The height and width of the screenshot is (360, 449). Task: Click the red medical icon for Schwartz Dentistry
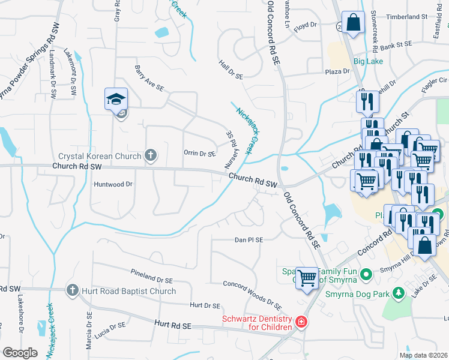(x=301, y=323)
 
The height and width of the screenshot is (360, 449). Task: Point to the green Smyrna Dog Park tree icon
(x=397, y=293)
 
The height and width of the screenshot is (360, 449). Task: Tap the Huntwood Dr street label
(x=112, y=185)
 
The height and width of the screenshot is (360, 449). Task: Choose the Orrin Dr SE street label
(x=199, y=154)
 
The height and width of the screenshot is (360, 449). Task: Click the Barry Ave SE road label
(x=149, y=79)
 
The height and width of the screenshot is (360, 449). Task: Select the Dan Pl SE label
(x=249, y=240)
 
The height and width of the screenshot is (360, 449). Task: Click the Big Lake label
(x=368, y=61)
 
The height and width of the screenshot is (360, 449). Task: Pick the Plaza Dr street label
(x=337, y=71)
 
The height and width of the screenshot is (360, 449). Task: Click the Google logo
(x=19, y=353)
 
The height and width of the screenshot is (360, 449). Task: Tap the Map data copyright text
(x=423, y=355)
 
